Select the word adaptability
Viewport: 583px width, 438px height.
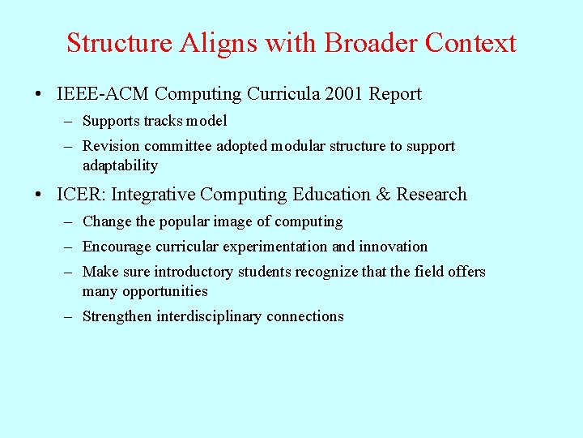pos(120,165)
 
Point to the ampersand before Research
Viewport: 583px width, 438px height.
pos(383,195)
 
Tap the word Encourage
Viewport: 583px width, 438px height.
pos(116,247)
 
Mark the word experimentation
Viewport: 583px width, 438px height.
pos(282,247)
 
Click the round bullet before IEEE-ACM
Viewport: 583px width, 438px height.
pos(40,95)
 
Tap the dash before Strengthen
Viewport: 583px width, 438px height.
pos(70,316)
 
